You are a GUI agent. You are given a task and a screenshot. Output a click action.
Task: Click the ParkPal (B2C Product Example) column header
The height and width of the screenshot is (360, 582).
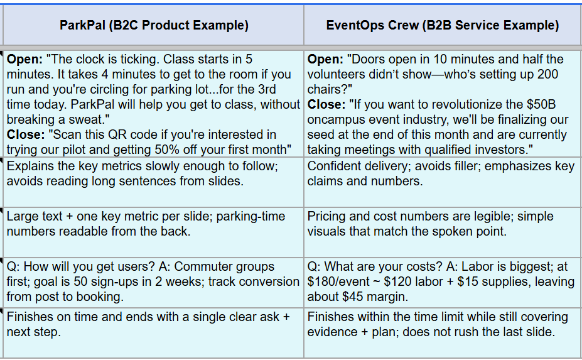[154, 25]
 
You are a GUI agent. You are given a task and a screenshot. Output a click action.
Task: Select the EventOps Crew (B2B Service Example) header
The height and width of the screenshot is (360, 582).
[443, 25]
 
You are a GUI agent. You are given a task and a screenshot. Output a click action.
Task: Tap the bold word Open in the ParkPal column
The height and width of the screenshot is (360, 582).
[25, 60]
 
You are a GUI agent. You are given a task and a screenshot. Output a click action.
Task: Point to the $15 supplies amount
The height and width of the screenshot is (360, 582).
[470, 281]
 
